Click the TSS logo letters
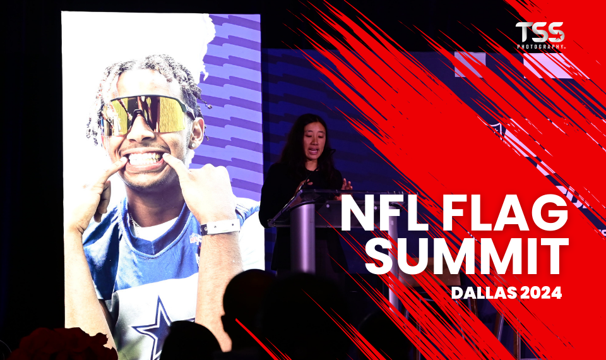point(540,32)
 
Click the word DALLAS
point(485,293)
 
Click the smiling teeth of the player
point(146,159)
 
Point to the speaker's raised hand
point(346,184)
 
